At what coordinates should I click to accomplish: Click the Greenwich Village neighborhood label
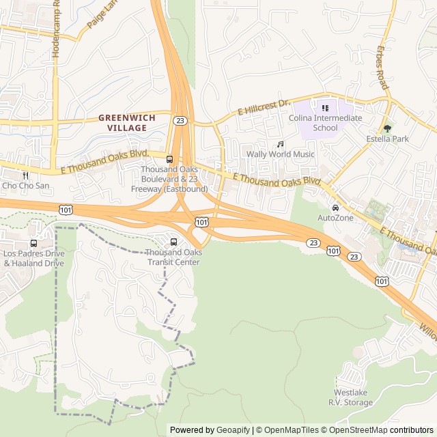[x=126, y=123]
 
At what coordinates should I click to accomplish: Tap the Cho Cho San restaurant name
[x=26, y=185]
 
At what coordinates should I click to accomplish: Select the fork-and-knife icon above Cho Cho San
[x=25, y=175]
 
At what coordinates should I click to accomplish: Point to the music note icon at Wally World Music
[x=281, y=144]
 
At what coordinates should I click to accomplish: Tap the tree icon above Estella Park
[x=387, y=128]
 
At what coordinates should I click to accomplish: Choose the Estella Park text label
[x=387, y=139]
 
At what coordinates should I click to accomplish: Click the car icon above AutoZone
[x=335, y=208]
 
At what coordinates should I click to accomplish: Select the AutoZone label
[x=335, y=218]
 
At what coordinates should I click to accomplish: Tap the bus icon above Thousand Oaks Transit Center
[x=173, y=242]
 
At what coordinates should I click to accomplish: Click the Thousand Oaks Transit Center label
[x=173, y=257]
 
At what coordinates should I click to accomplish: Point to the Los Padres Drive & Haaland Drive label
[x=33, y=258]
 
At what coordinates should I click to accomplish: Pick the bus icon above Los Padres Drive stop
[x=33, y=243]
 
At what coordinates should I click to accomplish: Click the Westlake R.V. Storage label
[x=353, y=397]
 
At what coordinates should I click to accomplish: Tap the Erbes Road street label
[x=382, y=68]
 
